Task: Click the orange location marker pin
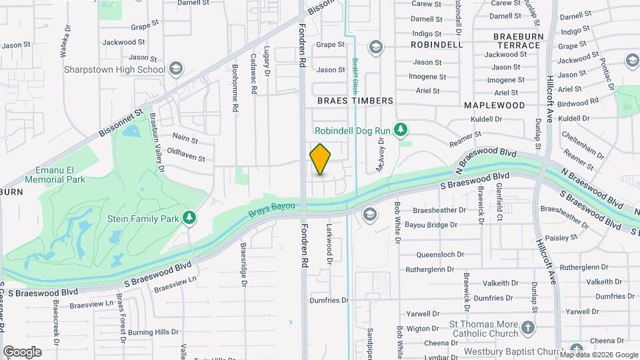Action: click(321, 159)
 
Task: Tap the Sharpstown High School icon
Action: click(175, 69)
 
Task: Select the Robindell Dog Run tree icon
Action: click(401, 129)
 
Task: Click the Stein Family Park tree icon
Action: click(190, 217)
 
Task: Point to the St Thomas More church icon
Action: click(527, 327)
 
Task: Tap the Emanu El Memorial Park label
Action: click(55, 175)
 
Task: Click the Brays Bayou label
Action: click(271, 209)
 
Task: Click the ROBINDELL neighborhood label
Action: click(437, 45)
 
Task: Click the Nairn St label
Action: click(185, 140)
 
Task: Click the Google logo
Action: click(22, 351)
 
